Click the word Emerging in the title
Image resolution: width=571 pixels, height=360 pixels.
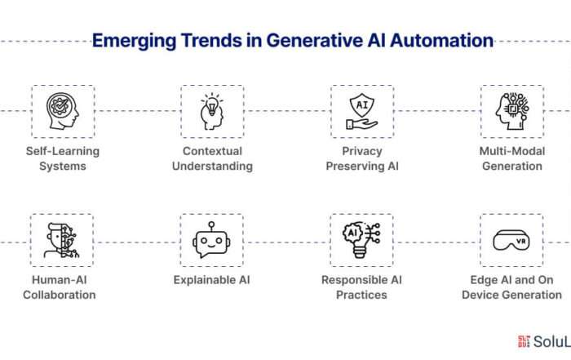(134, 41)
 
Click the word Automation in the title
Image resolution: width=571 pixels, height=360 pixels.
(442, 40)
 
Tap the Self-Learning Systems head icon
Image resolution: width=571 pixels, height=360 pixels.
(63, 111)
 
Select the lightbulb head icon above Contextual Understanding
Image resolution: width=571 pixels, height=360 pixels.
(212, 112)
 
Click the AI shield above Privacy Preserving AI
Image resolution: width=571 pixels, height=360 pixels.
(362, 105)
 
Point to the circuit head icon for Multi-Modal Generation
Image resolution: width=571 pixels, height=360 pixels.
(512, 111)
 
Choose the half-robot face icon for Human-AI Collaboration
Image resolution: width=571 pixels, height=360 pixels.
(61, 241)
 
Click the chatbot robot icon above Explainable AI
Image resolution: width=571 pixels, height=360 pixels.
(211, 240)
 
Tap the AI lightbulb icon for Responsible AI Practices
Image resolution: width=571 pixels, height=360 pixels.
(361, 240)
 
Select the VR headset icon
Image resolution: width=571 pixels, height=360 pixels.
(511, 240)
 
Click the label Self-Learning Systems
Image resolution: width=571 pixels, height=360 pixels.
(63, 158)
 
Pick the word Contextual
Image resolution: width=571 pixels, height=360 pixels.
(212, 151)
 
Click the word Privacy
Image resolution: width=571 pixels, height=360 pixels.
(362, 151)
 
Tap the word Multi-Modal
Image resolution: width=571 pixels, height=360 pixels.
(512, 151)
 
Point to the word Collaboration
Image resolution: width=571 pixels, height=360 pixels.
(60, 295)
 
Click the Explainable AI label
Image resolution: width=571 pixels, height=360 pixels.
(211, 280)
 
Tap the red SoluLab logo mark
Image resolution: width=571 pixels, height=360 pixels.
(524, 341)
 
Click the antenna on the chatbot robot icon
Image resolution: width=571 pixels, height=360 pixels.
(211, 226)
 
